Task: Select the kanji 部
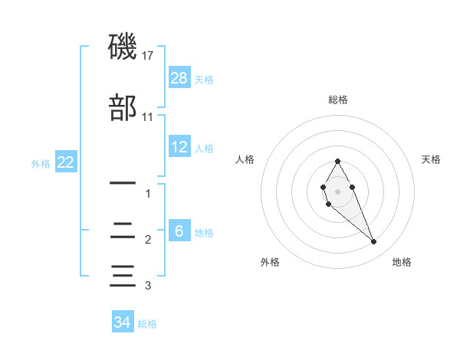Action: tap(123, 108)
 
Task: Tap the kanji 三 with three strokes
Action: tap(123, 275)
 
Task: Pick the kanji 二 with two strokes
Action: tap(123, 230)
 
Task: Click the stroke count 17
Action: tap(148, 56)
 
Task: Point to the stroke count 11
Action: tap(148, 117)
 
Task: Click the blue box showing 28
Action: tap(179, 78)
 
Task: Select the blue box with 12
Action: tap(179, 147)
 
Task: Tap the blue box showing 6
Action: tap(179, 231)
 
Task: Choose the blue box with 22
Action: tap(66, 162)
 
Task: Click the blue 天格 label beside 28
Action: tap(204, 79)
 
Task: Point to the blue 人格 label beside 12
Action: tap(204, 148)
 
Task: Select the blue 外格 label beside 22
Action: tap(41, 163)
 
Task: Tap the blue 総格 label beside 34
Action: tap(147, 324)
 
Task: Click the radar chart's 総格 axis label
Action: tap(338, 100)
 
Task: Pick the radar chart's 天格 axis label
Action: tap(432, 159)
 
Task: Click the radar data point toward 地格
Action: tap(374, 242)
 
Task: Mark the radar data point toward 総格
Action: tap(338, 161)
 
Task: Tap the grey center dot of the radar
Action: tap(338, 190)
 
